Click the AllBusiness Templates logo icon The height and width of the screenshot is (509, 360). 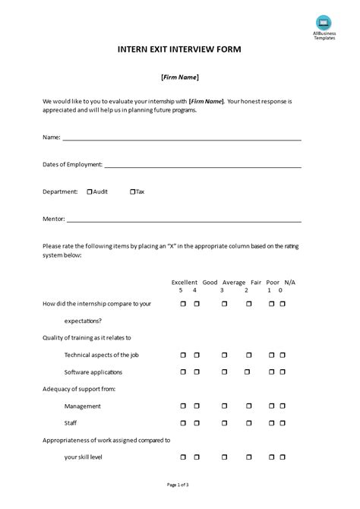(x=324, y=24)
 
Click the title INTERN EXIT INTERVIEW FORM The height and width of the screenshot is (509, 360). (x=180, y=50)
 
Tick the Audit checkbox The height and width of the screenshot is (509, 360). (x=90, y=192)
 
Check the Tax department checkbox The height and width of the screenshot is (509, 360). (x=132, y=192)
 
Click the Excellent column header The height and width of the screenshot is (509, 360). (x=185, y=282)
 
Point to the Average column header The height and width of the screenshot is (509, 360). (x=234, y=282)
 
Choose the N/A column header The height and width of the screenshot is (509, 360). (x=290, y=282)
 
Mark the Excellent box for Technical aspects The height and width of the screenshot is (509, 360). (x=183, y=355)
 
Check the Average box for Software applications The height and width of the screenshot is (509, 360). (x=224, y=372)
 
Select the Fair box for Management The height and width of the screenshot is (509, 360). (x=249, y=406)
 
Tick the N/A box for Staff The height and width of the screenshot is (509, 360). (x=283, y=423)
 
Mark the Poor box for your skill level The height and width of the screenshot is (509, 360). (x=272, y=457)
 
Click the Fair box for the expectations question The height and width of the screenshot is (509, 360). (x=249, y=304)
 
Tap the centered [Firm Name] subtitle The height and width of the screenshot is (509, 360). (x=180, y=77)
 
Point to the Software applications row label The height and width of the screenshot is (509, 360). (x=93, y=372)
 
